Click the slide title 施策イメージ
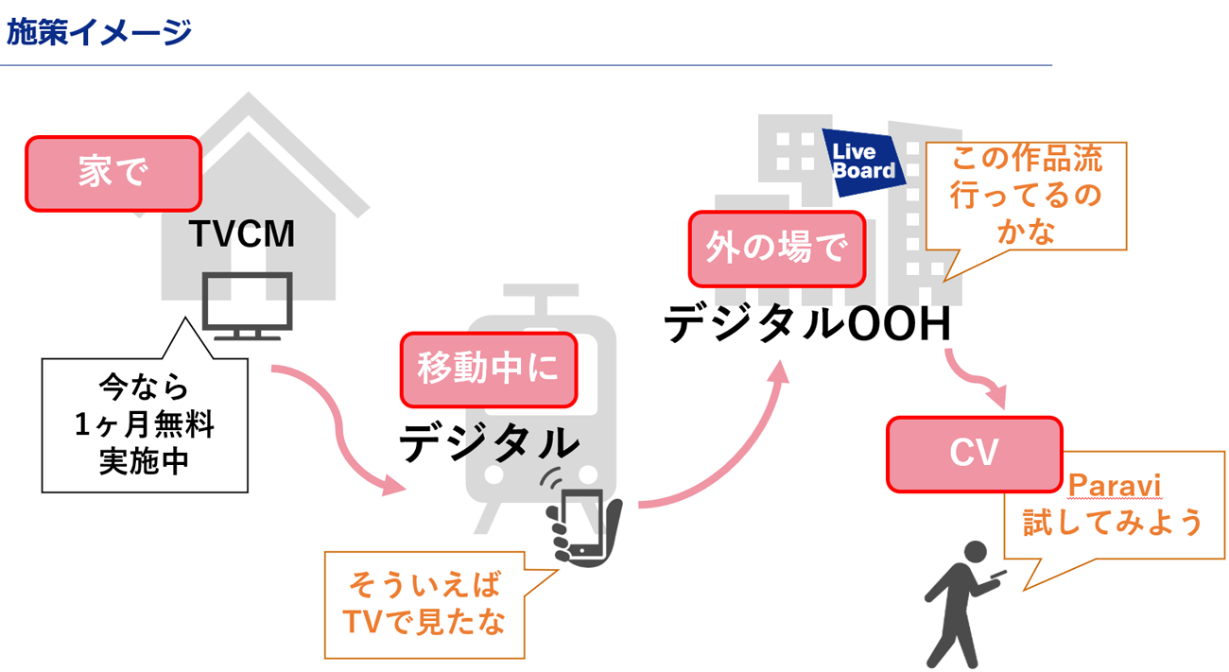[99, 33]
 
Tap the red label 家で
[113, 173]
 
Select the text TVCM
[242, 233]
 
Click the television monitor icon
[249, 304]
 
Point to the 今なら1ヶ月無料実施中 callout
[144, 424]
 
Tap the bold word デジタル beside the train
[489, 442]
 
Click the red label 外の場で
[777, 248]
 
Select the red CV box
[974, 455]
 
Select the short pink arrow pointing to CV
[974, 378]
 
